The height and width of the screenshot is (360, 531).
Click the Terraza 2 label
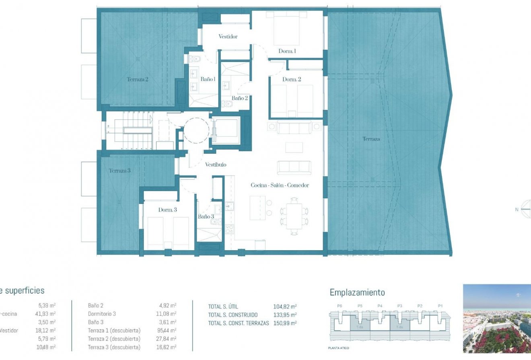pos(138,79)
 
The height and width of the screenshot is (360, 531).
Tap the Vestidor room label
pos(228,37)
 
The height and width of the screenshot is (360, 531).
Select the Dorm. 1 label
pos(287,51)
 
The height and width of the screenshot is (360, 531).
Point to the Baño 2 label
pos(240,98)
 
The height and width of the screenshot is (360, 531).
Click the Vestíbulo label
pos(216,165)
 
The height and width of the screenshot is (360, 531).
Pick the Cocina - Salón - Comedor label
pos(280,185)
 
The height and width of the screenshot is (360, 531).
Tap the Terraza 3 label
pos(119,171)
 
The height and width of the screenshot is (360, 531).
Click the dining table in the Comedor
pos(294,216)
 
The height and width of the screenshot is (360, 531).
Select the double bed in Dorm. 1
pos(286,29)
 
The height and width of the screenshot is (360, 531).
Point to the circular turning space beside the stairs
pos(196,130)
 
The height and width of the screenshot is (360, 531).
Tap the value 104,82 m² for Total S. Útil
pos(285,307)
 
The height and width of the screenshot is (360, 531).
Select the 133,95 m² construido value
pos(285,315)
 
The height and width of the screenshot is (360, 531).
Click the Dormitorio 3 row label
pos(102,314)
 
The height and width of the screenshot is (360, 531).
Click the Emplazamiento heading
pos(357,292)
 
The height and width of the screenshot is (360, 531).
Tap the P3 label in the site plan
pos(400,306)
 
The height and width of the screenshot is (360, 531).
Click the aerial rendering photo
pos(497,319)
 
